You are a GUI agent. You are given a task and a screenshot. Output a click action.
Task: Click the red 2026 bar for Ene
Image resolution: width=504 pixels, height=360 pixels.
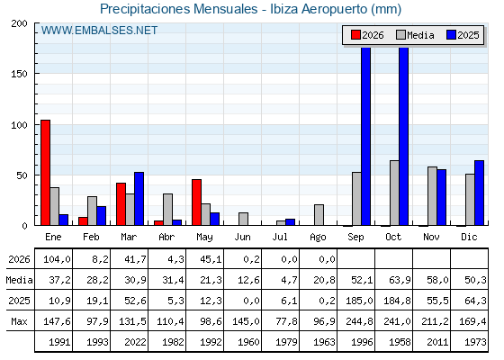45,173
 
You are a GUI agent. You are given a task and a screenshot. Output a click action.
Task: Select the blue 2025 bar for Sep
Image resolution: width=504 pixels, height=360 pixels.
365,136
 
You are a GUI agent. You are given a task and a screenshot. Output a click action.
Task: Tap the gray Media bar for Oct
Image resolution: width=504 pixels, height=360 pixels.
394,193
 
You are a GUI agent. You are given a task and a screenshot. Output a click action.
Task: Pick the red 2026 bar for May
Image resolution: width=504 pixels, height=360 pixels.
197,202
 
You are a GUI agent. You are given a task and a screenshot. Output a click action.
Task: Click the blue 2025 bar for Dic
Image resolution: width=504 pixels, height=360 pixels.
479,193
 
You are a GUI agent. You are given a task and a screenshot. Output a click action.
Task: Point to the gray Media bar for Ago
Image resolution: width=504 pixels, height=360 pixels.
319,215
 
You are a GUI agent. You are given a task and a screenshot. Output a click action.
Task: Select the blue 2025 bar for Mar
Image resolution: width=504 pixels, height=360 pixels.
139,199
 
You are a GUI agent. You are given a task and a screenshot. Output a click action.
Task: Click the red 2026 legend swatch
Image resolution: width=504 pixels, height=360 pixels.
355,35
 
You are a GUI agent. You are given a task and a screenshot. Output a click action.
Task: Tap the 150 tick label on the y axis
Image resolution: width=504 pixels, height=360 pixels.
19,74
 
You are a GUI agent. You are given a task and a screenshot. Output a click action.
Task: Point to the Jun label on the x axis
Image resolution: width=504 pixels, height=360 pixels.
242,238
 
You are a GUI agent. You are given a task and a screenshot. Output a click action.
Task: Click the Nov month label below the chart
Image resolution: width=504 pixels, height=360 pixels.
431,238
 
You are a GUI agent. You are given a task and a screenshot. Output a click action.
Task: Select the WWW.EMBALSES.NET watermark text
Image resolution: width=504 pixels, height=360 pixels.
99,31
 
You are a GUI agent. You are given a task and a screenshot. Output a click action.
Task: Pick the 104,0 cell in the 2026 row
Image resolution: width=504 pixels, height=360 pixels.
57,259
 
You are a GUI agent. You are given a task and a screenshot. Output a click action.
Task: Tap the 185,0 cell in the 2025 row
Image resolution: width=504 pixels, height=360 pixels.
359,301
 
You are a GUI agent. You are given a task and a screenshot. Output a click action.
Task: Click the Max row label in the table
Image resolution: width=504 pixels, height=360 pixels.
19,321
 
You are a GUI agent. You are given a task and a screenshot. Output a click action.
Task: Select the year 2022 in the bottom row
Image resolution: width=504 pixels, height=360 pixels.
135,342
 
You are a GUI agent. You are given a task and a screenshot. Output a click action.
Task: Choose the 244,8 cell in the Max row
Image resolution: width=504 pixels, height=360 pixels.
359,321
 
